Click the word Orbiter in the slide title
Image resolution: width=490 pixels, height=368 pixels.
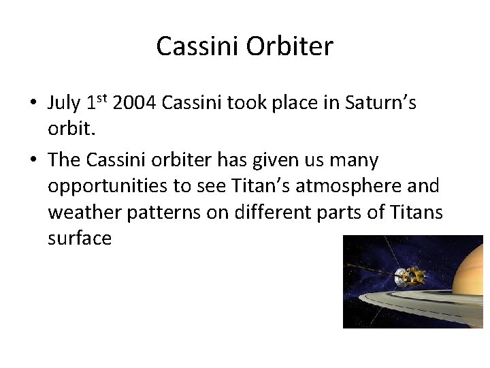pos(290,46)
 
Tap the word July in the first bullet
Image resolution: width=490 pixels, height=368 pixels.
pos(64,104)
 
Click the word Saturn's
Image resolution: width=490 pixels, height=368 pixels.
pos(381,104)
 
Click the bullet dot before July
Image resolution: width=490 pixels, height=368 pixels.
pos(32,104)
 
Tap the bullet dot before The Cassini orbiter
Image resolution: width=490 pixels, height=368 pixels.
pos(32,161)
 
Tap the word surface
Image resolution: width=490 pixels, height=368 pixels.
pos(80,238)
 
